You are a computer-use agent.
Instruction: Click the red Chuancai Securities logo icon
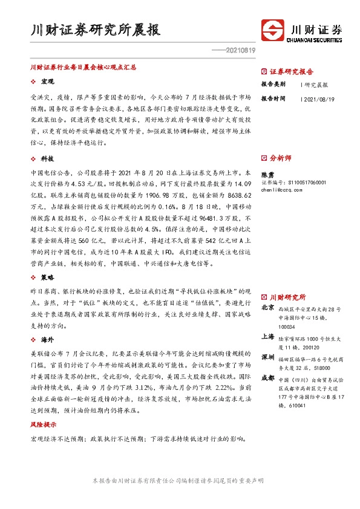point(273,30)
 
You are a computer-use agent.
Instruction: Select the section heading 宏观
point(47,80)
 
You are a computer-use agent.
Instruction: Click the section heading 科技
point(47,158)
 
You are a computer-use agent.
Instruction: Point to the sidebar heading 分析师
point(280,158)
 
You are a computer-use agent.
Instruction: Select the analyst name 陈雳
point(267,173)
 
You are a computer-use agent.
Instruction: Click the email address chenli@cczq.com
point(282,189)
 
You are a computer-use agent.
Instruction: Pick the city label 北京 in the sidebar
point(267,308)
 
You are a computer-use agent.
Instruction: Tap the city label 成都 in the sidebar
point(267,378)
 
